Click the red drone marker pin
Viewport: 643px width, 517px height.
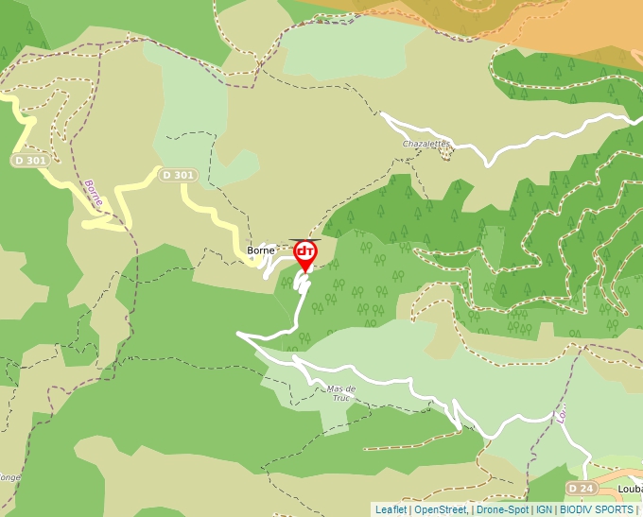click(x=305, y=253)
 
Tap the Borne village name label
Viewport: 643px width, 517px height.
click(x=261, y=250)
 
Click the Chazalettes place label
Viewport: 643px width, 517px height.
click(x=426, y=144)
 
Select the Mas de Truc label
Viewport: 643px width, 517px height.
click(x=340, y=393)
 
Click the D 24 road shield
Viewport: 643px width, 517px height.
click(x=581, y=488)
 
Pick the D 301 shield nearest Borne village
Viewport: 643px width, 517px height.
click(x=178, y=175)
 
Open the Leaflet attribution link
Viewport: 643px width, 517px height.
click(x=391, y=509)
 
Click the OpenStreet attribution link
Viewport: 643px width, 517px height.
click(x=442, y=509)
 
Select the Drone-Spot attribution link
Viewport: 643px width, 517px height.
click(x=502, y=509)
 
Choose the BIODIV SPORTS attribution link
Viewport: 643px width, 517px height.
click(x=597, y=509)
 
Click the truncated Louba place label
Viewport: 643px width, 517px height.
click(x=630, y=489)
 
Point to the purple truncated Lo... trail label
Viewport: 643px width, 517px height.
click(x=561, y=414)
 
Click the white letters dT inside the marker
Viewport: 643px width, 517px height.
click(x=305, y=251)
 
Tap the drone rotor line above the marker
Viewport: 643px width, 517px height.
click(x=304, y=240)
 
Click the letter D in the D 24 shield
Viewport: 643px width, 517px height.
click(x=574, y=488)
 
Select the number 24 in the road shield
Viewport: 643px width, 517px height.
click(x=586, y=488)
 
